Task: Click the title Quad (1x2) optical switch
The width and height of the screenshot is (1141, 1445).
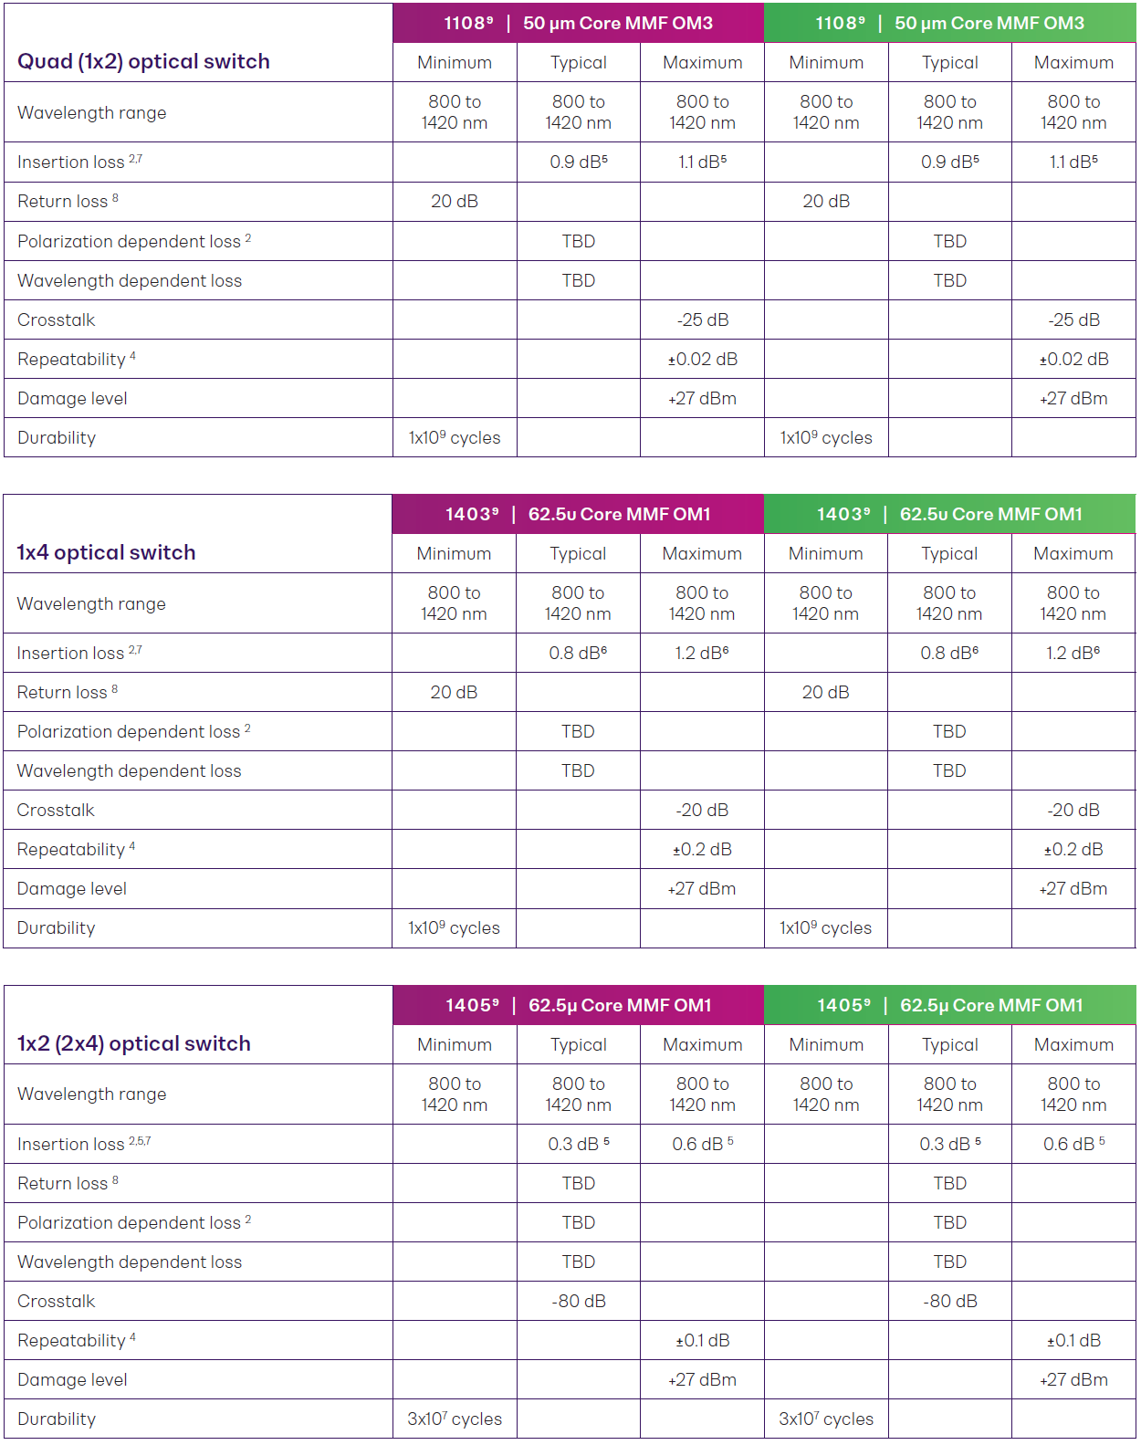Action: coord(143,61)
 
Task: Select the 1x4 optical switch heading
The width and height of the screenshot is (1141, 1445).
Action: coord(106,552)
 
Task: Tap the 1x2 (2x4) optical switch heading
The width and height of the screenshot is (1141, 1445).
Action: coord(133,1043)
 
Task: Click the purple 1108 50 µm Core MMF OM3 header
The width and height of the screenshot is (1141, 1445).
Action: coord(578,24)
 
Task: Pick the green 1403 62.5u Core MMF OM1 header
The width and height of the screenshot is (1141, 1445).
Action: coord(949,514)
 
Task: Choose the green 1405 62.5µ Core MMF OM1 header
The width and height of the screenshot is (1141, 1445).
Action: coord(949,1005)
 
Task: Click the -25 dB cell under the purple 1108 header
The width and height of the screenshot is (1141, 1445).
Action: coord(702,319)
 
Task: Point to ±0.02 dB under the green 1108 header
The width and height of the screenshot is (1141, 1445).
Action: coord(1073,359)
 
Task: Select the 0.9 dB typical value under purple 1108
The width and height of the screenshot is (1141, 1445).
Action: coord(578,162)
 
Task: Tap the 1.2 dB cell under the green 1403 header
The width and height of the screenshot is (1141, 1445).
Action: coord(1073,653)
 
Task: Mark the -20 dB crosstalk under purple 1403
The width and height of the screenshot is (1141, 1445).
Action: coord(701,810)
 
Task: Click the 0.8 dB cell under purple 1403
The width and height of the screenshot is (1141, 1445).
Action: coord(577,653)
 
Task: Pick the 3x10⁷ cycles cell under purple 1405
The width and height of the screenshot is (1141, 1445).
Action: coord(454,1419)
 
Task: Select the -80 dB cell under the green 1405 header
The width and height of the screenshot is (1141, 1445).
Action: coord(949,1301)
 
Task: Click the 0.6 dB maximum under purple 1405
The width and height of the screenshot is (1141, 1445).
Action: coord(702,1144)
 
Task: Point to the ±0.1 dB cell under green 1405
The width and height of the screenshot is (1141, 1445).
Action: coord(1073,1340)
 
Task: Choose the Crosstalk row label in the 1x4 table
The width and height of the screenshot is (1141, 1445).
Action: coord(56,810)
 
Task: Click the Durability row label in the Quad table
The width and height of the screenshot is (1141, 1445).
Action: coord(57,437)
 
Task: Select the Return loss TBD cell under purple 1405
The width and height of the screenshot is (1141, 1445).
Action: coord(578,1183)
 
